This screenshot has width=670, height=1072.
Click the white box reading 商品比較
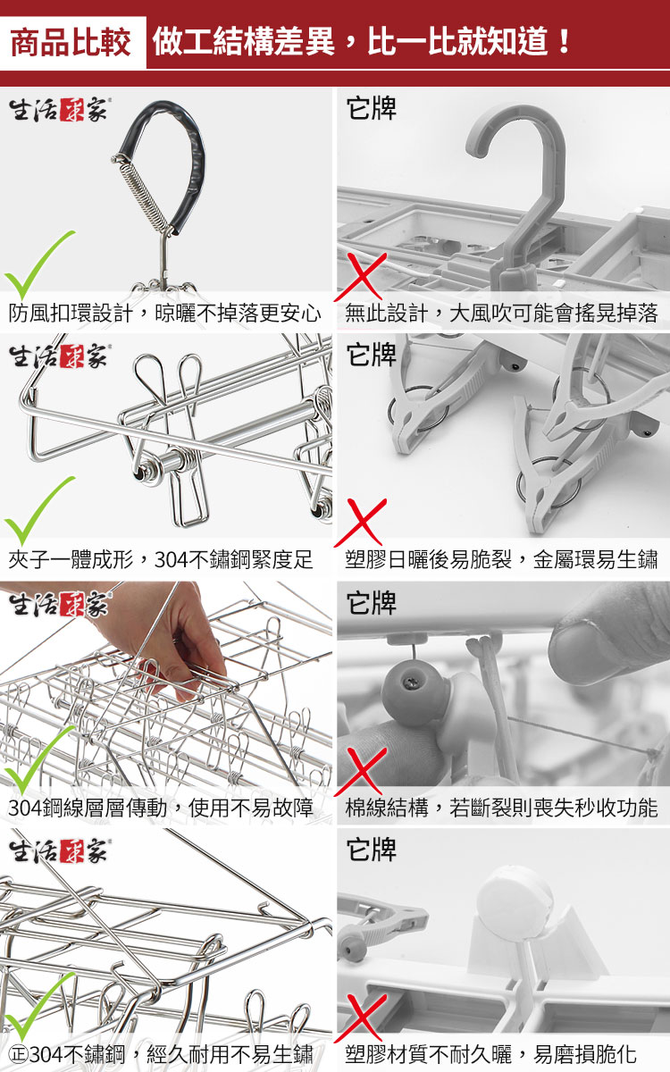72,43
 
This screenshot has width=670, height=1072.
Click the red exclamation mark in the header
565,41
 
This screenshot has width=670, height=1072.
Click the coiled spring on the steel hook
143,191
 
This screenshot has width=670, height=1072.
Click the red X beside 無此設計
361,277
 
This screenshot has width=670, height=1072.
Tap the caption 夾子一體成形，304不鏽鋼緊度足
160,558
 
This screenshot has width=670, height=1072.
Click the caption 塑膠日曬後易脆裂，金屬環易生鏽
501,558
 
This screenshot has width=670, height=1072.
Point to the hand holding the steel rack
158,636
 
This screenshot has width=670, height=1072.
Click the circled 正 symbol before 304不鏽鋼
19,1053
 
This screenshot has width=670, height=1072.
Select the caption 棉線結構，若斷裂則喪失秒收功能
501,807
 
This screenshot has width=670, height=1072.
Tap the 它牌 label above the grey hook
372,108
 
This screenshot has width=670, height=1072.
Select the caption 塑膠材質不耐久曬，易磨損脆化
491,1053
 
